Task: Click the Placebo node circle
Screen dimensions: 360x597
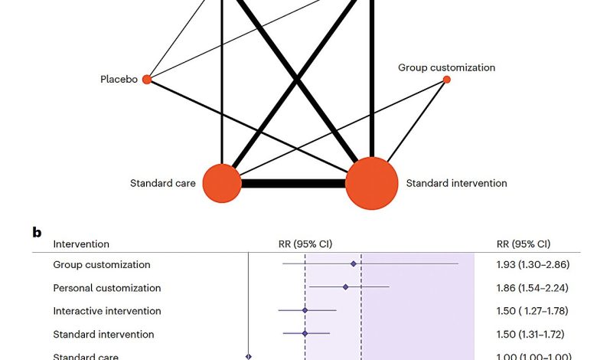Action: coord(147,79)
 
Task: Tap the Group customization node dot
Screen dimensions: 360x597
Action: coord(447,80)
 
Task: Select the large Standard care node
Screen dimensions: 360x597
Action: coord(221,184)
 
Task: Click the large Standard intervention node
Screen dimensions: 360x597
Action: coord(372,183)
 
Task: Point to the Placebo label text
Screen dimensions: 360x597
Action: coord(119,79)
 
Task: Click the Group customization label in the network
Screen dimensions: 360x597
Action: coord(446,67)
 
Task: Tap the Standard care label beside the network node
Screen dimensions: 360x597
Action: coord(162,183)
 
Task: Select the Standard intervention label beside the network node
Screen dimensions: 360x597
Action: coord(456,183)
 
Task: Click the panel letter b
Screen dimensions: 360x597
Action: coord(37,231)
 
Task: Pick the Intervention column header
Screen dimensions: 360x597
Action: coord(80,244)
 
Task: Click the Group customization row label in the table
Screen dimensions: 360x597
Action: coord(101,265)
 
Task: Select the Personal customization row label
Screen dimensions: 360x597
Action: coord(106,288)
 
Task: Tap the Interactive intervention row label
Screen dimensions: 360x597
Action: coord(106,311)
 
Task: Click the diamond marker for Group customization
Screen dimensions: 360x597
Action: coord(354,263)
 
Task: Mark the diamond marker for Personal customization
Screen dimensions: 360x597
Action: coord(346,287)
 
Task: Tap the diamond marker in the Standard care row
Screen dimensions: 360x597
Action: coord(248,356)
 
